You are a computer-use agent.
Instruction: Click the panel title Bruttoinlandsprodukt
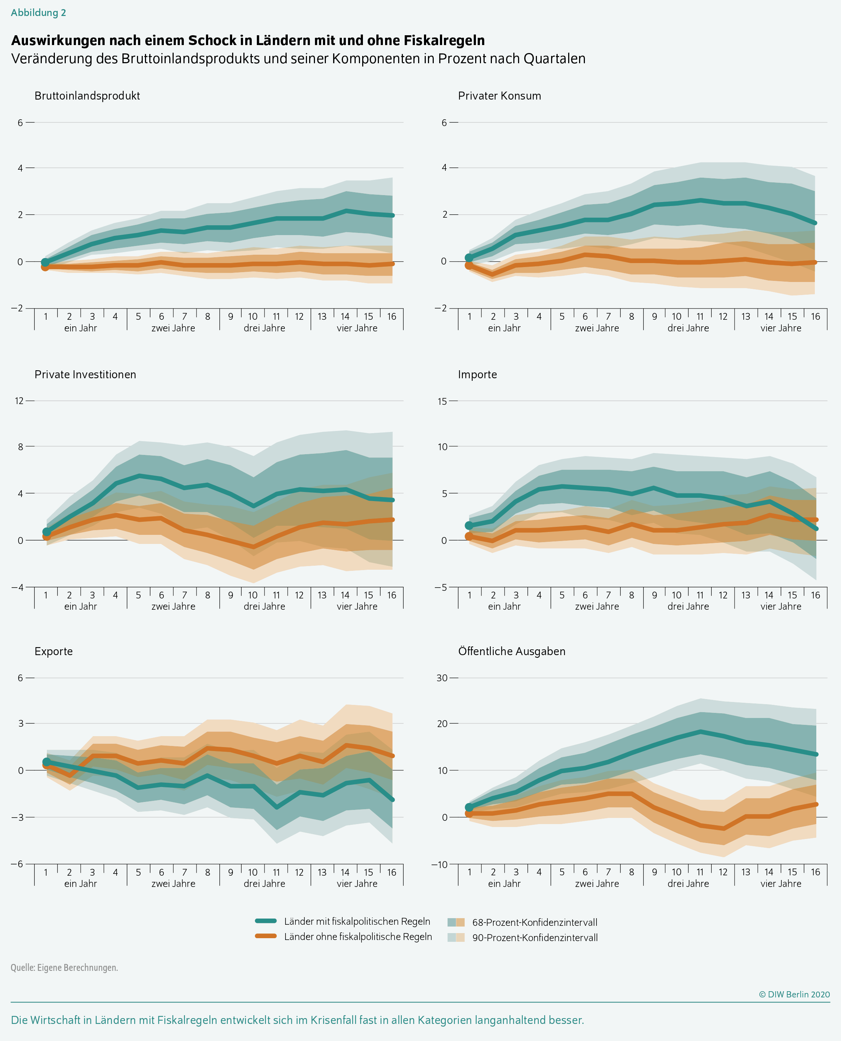pos(87,96)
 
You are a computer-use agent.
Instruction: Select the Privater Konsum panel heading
pos(500,96)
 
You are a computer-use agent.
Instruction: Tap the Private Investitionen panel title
pos(85,375)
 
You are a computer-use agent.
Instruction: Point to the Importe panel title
pos(477,375)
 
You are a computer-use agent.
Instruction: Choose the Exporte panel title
pos(53,651)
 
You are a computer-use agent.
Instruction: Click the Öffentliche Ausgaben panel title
pos(512,651)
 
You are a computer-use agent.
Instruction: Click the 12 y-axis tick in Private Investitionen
pos(19,401)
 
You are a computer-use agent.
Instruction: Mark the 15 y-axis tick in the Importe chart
pos(442,401)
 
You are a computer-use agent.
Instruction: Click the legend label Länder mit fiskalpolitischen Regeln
pos(357,921)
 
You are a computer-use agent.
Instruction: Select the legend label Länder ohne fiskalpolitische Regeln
pos(358,936)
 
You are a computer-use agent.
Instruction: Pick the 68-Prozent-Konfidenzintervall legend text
pos(534,922)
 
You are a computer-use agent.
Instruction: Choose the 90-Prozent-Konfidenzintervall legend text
pos(535,937)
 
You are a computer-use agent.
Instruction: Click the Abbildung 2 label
pos(38,13)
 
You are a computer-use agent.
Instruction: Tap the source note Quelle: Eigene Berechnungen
pos(64,967)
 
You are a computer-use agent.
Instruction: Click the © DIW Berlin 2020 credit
pos(794,994)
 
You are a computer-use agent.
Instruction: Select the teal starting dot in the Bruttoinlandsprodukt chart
pos(45,263)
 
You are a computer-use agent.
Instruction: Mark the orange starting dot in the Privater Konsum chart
pos(469,266)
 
